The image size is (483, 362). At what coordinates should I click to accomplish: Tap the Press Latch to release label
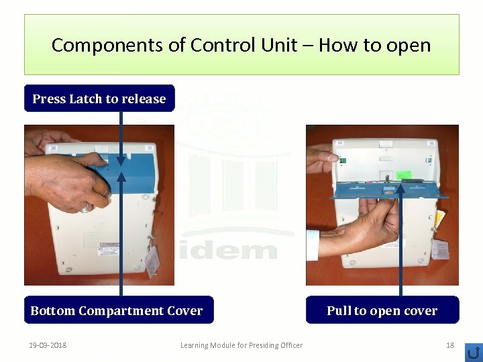point(99,99)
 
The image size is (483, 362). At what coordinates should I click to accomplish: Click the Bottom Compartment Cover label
point(117,310)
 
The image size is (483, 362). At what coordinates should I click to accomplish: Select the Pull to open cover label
point(382,310)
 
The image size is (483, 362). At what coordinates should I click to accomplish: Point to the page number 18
point(450,345)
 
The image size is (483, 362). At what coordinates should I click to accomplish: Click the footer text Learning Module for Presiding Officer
point(241,345)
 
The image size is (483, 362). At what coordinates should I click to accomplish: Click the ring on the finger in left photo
point(85,209)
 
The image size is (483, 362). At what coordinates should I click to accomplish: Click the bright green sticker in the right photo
point(404,175)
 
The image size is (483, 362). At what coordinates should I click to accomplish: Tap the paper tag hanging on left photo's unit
point(152,260)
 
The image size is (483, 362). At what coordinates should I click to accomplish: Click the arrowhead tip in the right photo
point(400,186)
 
